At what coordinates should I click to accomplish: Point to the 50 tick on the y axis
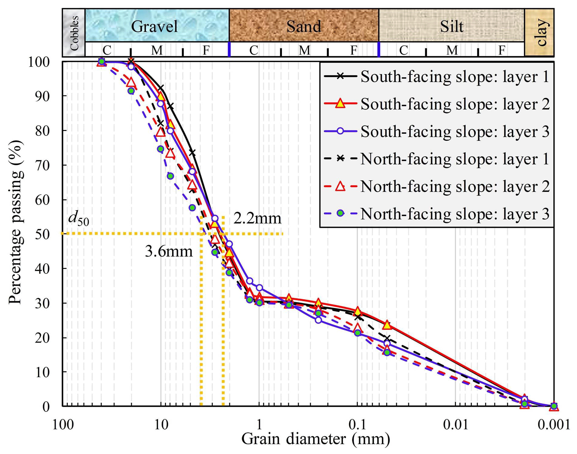pyautogui.click(x=42, y=234)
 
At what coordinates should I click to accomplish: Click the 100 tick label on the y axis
pyautogui.click(x=39, y=62)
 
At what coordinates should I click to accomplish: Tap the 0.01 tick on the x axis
pyautogui.click(x=455, y=425)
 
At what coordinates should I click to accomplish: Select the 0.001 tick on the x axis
pyautogui.click(x=554, y=425)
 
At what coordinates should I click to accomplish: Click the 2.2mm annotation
pyautogui.click(x=257, y=218)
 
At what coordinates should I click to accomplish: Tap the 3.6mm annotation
pyautogui.click(x=169, y=251)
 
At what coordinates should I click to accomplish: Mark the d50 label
pyautogui.click(x=78, y=218)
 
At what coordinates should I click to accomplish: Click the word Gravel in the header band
pyautogui.click(x=154, y=26)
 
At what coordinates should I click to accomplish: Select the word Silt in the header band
pyautogui.click(x=451, y=26)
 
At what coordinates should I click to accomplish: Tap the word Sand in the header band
pyautogui.click(x=304, y=26)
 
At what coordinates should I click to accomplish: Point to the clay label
pyautogui.click(x=540, y=32)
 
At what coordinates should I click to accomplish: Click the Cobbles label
pyautogui.click(x=74, y=33)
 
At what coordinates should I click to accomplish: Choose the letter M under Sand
pyautogui.click(x=304, y=50)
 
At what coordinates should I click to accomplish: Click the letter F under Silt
pyautogui.click(x=502, y=50)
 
